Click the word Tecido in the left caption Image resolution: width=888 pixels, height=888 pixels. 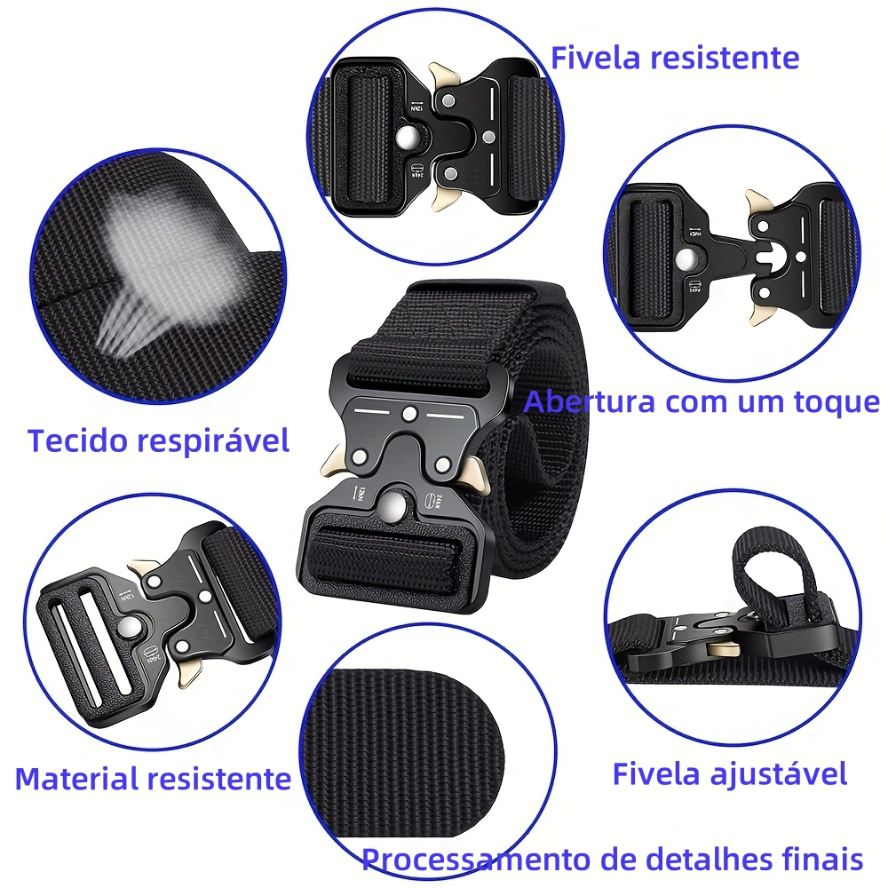pyautogui.click(x=70, y=440)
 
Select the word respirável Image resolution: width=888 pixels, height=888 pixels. pyautogui.click(x=206, y=441)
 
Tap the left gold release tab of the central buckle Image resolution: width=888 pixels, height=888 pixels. pyautogui.click(x=333, y=462)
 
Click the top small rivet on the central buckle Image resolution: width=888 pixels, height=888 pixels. pyautogui.click(x=408, y=415)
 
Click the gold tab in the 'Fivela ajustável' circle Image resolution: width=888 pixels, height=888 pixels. pyautogui.click(x=724, y=650)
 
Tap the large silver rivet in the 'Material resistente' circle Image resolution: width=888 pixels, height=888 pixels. pyautogui.click(x=130, y=628)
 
